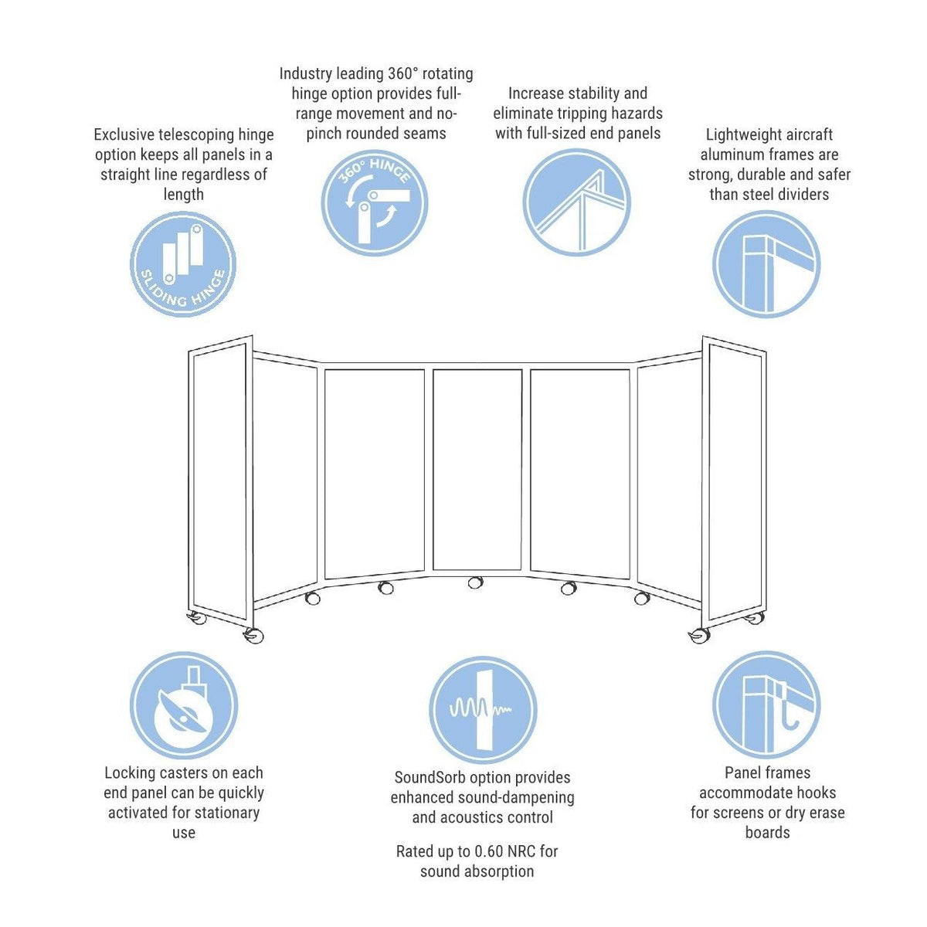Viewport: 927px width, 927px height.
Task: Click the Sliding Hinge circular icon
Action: [x=183, y=263]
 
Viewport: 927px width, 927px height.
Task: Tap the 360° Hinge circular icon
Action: [x=375, y=202]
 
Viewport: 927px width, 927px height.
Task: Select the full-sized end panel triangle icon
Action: [x=576, y=202]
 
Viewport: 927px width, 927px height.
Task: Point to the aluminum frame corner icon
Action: [x=766, y=263]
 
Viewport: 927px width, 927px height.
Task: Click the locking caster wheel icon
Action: [x=183, y=705]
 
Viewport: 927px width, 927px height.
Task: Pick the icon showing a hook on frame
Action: [x=766, y=705]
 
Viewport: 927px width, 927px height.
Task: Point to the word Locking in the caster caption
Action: [x=132, y=772]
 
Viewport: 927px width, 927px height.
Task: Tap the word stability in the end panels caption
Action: [x=606, y=93]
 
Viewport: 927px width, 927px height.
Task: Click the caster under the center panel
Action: [x=475, y=582]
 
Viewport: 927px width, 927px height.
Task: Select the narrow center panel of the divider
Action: [x=477, y=470]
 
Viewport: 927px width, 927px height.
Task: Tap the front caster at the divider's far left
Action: [x=253, y=635]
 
